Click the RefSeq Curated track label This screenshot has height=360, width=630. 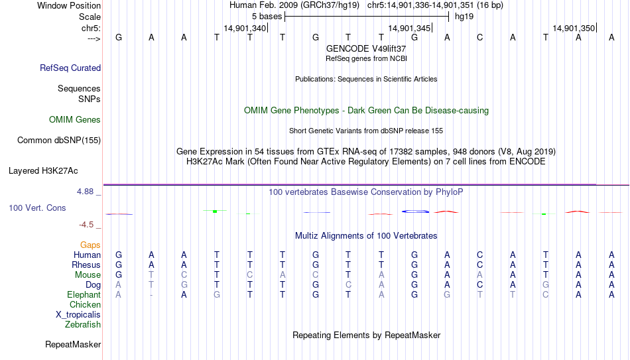coord(70,68)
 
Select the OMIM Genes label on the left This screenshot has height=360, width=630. coord(75,120)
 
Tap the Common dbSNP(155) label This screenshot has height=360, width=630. coord(59,141)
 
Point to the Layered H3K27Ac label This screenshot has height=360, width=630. coord(43,171)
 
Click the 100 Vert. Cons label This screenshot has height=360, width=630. coord(37,208)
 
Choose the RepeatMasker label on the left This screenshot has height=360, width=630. coord(73,344)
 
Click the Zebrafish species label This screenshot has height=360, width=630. coord(83,324)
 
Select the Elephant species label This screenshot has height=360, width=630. coord(84,294)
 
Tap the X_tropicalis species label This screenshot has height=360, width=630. coord(78,315)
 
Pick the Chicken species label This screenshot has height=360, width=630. coord(85,304)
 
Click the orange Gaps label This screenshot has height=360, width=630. coord(90,245)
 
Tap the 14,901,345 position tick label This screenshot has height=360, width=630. coord(409,28)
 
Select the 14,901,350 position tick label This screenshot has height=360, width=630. coord(574,28)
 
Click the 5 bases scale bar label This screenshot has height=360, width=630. coord(267,17)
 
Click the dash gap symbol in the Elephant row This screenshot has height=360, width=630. coord(151,295)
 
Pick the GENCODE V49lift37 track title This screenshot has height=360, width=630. coord(366,48)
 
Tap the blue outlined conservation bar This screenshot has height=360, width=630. coord(415,211)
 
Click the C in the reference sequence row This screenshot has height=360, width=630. coord(479,38)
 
